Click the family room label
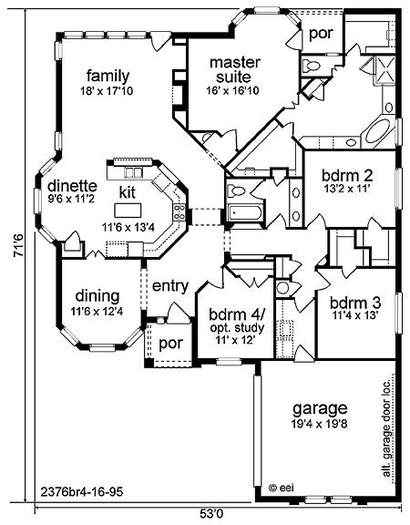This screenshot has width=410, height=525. [108, 77]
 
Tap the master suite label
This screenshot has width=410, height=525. [235, 69]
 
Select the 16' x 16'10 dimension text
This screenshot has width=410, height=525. [232, 90]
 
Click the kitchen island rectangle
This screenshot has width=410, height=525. [128, 211]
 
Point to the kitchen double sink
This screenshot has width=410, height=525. [134, 172]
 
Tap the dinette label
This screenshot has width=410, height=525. [72, 186]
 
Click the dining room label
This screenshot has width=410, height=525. [97, 296]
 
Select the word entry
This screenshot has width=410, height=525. [170, 286]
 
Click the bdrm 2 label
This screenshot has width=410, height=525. [347, 176]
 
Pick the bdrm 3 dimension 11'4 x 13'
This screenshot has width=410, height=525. [355, 315]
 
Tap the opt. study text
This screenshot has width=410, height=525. [237, 327]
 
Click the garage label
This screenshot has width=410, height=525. [320, 409]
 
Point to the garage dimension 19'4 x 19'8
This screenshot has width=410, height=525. [319, 424]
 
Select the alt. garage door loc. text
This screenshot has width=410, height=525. [386, 429]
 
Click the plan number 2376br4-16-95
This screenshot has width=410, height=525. [82, 492]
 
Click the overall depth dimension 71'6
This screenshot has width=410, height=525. [18, 245]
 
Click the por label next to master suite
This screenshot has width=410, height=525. [321, 34]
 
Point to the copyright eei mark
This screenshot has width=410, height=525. [282, 488]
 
